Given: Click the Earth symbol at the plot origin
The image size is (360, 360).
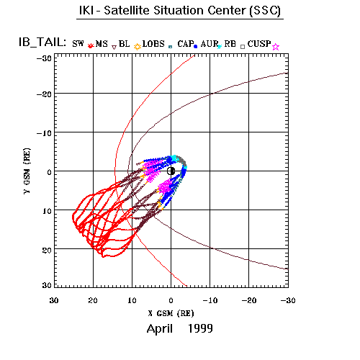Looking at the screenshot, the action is (171, 171).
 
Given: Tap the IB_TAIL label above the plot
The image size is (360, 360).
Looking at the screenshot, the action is (42, 42).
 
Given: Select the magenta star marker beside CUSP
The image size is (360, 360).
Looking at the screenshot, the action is (276, 47).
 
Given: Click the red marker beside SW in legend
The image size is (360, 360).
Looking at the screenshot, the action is (90, 45).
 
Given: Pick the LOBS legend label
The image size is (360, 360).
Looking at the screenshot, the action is (153, 44).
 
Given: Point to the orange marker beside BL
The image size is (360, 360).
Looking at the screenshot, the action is (138, 47).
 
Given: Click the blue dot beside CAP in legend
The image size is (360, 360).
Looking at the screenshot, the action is (196, 47).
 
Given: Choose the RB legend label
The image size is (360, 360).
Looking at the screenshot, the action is (230, 44).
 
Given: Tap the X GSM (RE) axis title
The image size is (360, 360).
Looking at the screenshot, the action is (171, 313).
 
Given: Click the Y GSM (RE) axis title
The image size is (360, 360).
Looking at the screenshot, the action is (27, 171).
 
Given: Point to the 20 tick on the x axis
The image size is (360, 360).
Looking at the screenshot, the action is (93, 300).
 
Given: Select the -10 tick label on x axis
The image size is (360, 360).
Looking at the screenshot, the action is (210, 300).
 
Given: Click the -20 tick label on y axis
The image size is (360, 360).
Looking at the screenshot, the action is (44, 94).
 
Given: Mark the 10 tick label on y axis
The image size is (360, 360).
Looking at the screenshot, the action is (47, 211).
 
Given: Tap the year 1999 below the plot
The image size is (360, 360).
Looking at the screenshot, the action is (200, 328).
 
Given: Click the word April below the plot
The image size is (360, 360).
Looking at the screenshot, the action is (160, 329).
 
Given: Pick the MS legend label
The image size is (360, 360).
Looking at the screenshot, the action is (102, 44).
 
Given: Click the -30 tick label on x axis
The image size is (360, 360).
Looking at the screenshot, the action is (288, 300).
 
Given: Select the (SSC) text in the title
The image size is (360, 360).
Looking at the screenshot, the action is (265, 11).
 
